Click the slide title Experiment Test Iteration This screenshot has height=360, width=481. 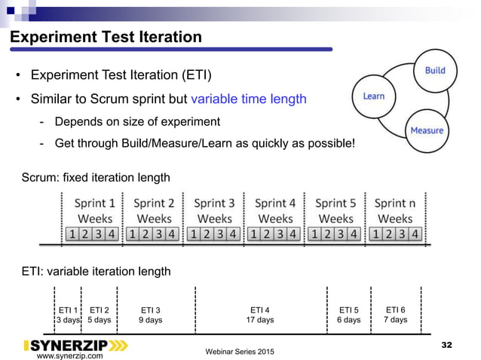(x=106, y=37)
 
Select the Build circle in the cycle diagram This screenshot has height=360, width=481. (x=434, y=71)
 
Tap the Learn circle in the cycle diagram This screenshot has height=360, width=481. (x=374, y=96)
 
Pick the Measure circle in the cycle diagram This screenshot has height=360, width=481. (x=426, y=130)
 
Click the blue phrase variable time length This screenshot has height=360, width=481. (x=248, y=99)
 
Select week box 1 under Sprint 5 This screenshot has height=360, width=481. (x=314, y=234)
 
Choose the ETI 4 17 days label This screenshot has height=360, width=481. (x=260, y=315)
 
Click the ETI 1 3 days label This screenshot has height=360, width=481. (x=68, y=315)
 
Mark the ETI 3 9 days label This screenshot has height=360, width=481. (x=151, y=315)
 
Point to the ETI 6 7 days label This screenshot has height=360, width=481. (x=395, y=315)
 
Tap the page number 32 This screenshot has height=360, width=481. (x=446, y=345)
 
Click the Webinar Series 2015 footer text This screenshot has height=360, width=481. (x=240, y=352)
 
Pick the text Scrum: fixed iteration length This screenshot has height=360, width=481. (x=95, y=178)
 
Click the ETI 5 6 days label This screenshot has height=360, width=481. (x=348, y=315)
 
